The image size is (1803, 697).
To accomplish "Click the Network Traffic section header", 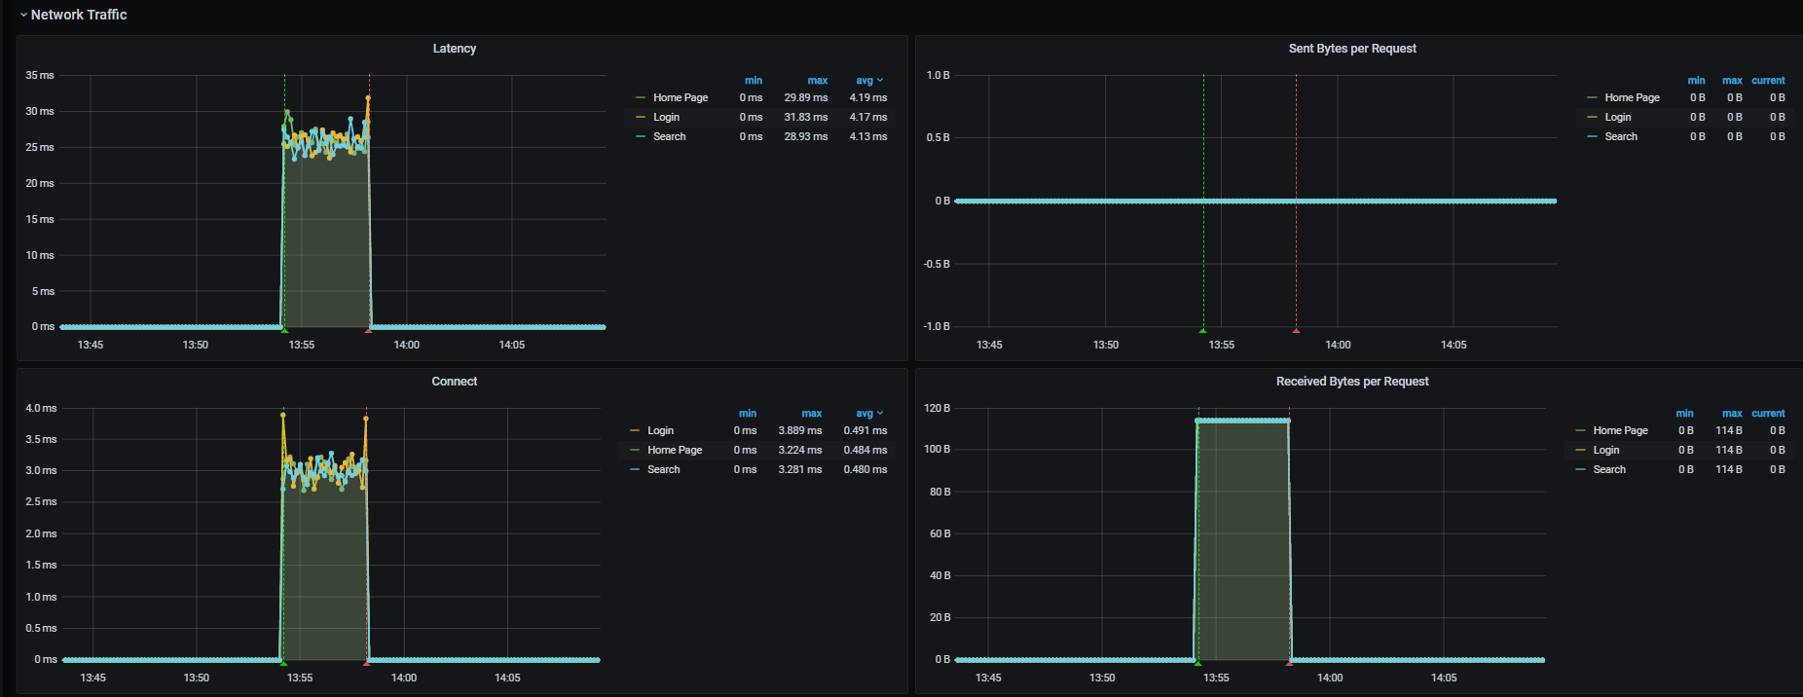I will [78, 15].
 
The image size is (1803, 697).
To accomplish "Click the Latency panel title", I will [454, 49].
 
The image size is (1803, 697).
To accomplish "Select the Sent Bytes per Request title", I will [1352, 49].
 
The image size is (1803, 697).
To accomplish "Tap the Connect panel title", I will [454, 382].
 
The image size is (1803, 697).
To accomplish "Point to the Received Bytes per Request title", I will [1352, 382].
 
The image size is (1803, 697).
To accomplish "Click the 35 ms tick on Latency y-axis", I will [40, 75].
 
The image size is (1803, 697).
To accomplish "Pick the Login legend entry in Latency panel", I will [666, 117].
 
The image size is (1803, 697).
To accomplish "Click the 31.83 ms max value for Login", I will [805, 117].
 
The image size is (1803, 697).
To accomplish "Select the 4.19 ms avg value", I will [867, 97].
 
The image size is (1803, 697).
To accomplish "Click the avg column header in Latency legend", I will [865, 81].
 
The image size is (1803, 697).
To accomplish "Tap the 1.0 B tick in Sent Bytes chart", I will [938, 75].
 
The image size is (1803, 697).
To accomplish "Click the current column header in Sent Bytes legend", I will [1768, 81].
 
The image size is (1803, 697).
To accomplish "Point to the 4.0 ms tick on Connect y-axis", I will [41, 408].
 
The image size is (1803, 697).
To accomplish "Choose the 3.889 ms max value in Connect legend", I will [799, 430].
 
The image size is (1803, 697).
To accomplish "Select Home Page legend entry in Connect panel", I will [674, 450].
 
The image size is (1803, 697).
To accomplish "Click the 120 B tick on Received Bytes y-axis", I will [937, 408].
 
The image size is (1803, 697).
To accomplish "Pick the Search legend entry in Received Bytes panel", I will [1609, 469].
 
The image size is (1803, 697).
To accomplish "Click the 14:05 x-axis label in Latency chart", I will [511, 345].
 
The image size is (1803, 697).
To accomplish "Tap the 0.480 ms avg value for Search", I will [865, 469].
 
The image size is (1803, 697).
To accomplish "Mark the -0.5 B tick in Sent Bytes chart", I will [937, 264].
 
